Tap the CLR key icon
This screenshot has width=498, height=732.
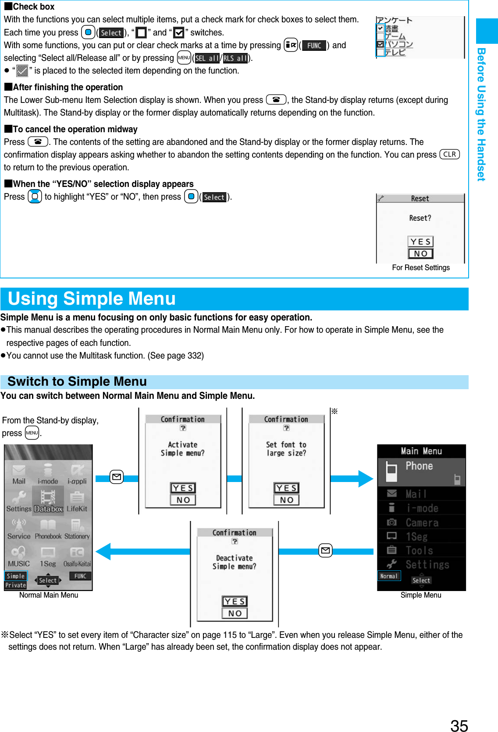coord(449,154)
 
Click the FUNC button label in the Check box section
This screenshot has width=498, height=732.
coord(314,46)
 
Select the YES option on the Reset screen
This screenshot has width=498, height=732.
coord(420,242)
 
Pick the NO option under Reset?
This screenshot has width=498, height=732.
coord(420,253)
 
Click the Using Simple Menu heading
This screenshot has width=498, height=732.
coord(92,299)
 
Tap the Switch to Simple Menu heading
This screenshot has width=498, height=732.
coord(77,381)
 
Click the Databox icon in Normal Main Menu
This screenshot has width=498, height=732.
coord(48,502)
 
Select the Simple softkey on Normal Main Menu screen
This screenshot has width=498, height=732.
coord(16,576)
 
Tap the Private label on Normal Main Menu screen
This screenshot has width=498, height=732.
coord(16,585)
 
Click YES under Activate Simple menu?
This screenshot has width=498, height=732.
coord(183,488)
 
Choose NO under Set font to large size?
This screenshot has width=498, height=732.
coord(286,500)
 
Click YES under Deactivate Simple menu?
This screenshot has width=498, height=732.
coord(235,602)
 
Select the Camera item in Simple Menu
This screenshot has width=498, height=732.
coord(421,522)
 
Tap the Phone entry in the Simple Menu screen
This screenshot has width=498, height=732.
coord(419,466)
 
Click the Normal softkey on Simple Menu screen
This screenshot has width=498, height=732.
coord(389,576)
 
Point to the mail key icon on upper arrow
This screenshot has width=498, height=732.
coord(117,477)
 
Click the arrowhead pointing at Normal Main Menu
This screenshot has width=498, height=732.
coord(103,551)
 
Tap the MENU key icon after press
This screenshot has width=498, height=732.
coord(32,433)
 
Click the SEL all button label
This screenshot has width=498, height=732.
coord(207,58)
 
